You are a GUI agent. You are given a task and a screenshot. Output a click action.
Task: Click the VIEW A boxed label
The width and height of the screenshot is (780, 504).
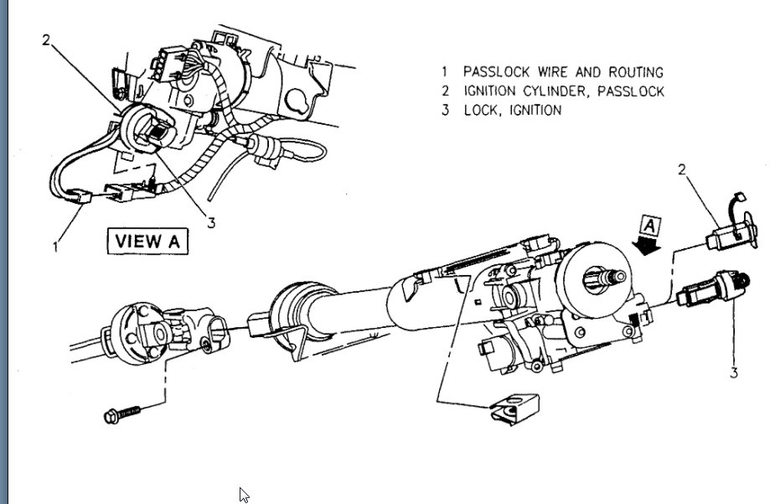point(147,240)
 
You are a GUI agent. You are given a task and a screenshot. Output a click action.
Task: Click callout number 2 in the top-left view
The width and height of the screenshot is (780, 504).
point(49,39)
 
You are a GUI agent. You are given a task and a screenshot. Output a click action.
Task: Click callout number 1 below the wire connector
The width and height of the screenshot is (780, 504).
point(56,247)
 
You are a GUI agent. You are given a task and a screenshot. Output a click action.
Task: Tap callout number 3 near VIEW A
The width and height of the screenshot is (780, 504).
point(211,222)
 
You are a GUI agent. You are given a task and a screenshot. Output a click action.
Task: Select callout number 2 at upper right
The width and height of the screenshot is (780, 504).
point(682,170)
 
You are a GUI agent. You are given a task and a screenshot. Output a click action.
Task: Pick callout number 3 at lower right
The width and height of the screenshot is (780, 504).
point(734,372)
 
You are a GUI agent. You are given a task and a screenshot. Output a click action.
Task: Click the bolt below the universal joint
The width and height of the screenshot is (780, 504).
point(121,414)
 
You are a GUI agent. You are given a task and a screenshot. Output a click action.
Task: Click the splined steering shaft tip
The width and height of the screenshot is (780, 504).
point(608,276)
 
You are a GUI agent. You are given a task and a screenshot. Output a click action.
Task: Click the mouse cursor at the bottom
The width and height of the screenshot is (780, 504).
point(244,495)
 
